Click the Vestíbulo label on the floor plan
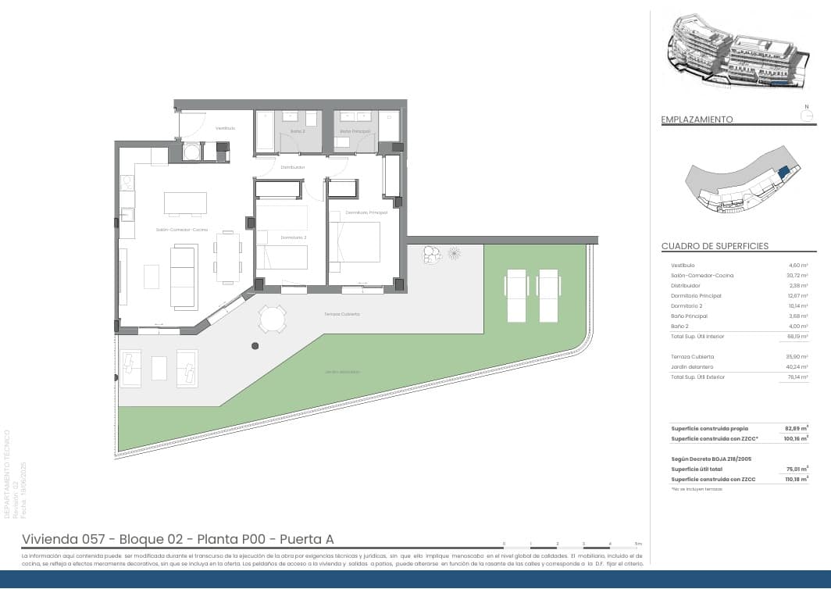[x=226, y=127]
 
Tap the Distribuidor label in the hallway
[x=293, y=167]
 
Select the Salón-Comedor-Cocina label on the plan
[x=182, y=230]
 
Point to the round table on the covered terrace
[x=273, y=319]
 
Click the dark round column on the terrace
[x=255, y=345]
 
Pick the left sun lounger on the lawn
[x=518, y=295]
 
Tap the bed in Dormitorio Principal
[x=355, y=242]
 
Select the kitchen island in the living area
[x=186, y=203]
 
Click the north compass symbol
[x=808, y=115]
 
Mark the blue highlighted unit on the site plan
[x=784, y=172]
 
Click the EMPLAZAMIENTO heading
[x=697, y=120]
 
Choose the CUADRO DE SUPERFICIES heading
[x=715, y=246]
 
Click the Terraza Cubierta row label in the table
[x=692, y=357]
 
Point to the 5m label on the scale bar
[x=638, y=543]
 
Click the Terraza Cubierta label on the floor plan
[x=342, y=314]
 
